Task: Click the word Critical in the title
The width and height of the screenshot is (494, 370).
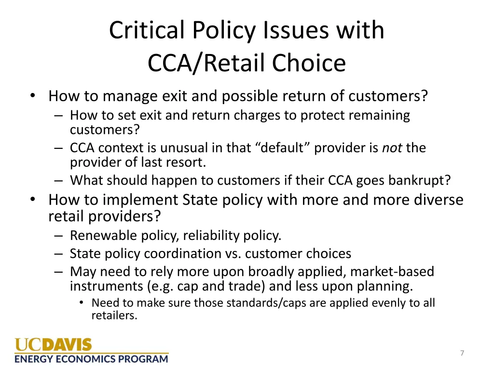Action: (147, 30)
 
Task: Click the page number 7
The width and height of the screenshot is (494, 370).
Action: (462, 353)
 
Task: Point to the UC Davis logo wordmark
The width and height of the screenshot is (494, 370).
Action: (53, 345)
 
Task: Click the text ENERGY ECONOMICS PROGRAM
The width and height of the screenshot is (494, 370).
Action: (92, 358)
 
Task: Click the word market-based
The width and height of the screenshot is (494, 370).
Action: (392, 271)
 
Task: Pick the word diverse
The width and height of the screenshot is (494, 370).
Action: (439, 199)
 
